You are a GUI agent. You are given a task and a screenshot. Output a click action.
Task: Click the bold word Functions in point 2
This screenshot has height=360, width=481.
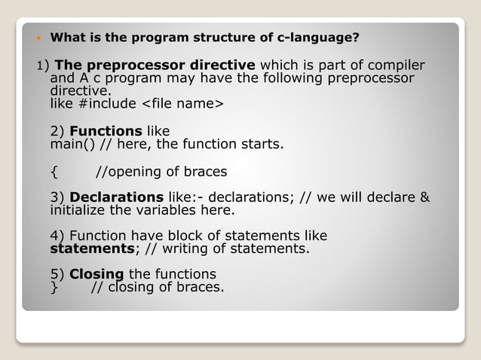click(106, 131)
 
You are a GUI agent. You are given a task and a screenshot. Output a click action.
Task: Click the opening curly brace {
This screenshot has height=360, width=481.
click(54, 171)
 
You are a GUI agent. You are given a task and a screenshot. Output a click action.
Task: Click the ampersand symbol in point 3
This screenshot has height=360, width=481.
click(424, 197)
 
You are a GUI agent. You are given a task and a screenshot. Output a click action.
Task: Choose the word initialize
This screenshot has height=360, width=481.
click(78, 210)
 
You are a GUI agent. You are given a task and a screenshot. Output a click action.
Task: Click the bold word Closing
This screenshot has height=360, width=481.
click(97, 274)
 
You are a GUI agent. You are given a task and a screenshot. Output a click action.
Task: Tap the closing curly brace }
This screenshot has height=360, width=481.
click(54, 287)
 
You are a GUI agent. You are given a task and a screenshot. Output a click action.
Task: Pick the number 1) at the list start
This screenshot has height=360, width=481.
click(43, 66)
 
